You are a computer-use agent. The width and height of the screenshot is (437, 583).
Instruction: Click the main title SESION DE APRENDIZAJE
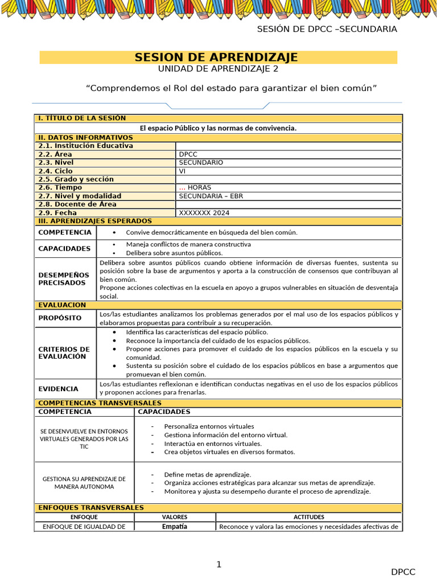[216, 58]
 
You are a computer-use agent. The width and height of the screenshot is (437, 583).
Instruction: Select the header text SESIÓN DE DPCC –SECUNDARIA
[327, 30]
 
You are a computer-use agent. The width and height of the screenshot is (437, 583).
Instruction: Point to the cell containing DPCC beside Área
[188, 154]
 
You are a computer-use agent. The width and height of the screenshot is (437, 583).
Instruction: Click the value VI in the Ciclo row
[182, 171]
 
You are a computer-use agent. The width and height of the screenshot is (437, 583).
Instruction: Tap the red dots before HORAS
[182, 188]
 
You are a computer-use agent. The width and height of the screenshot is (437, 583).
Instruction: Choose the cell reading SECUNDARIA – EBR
[211, 196]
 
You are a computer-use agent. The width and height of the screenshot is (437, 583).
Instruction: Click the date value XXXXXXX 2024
[204, 213]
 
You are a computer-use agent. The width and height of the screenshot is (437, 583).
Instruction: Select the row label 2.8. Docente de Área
[77, 204]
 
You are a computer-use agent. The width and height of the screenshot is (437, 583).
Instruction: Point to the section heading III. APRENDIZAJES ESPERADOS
[95, 221]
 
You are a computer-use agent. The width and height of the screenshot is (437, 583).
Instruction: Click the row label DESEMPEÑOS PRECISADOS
[64, 279]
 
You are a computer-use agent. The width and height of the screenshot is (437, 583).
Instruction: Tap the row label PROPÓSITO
[60, 318]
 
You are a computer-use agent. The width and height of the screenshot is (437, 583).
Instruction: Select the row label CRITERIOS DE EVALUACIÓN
[64, 353]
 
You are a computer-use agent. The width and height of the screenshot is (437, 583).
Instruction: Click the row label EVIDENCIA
[58, 389]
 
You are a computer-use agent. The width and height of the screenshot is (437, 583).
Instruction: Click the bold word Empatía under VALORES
[174, 527]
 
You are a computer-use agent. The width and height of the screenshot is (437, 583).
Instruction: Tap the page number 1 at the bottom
[218, 565]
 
